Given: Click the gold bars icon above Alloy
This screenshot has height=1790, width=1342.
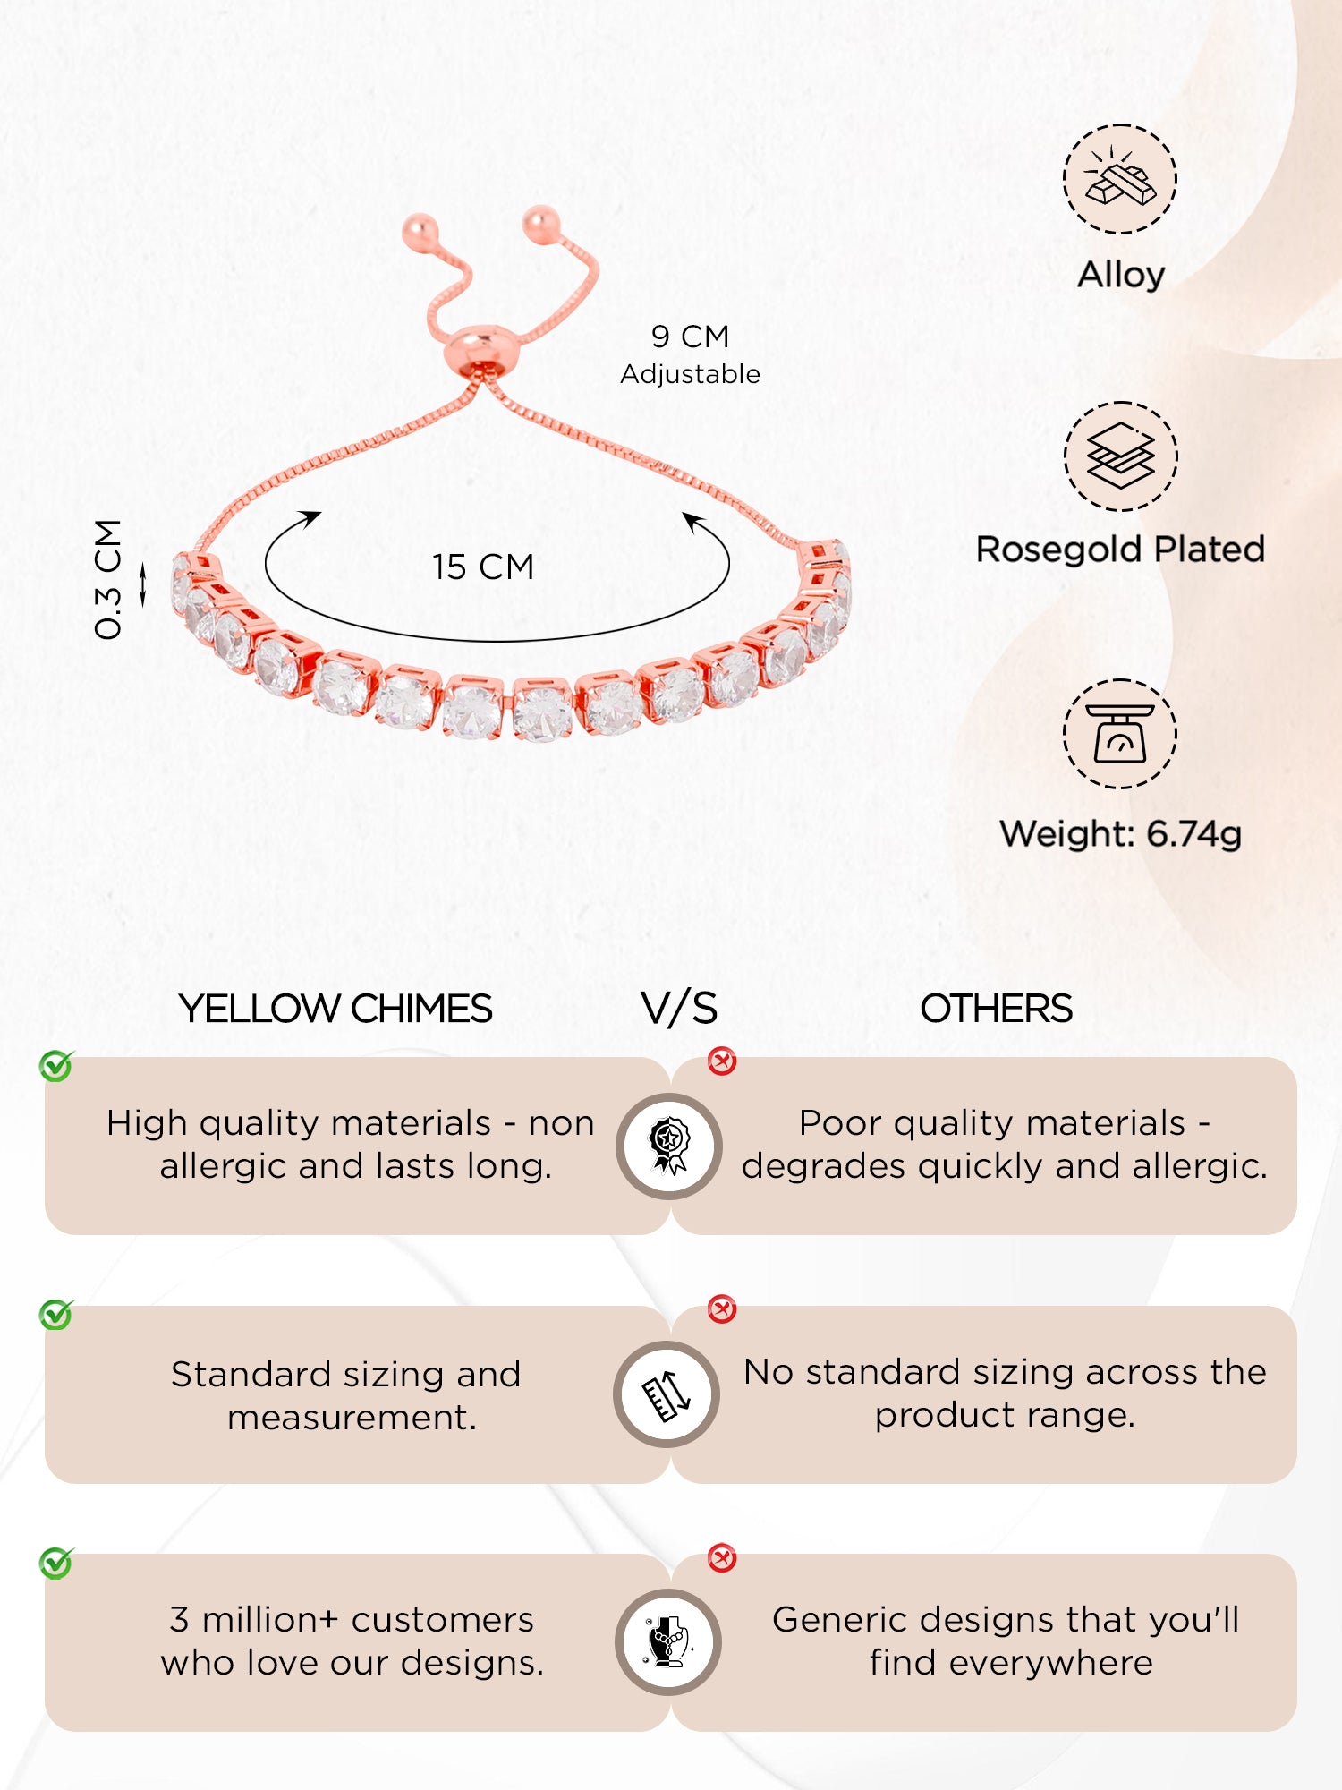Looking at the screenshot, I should tap(1120, 179).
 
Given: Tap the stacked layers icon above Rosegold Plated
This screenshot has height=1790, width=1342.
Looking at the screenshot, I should tap(1120, 456).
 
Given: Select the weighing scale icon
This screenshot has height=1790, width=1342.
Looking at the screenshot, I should tap(1120, 734).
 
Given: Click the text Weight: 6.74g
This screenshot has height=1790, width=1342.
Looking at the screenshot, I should tap(1120, 834).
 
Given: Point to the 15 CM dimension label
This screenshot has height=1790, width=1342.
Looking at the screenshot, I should tap(483, 567).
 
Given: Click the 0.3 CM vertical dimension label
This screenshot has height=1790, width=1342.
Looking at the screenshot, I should tap(108, 580).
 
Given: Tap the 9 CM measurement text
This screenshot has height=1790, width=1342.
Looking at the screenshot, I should tap(690, 337).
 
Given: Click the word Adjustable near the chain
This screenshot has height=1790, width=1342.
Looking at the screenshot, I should tap(690, 374).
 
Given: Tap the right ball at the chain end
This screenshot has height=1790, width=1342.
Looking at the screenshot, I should tap(541, 222).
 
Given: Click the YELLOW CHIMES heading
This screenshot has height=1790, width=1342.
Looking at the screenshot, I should tap(335, 1009).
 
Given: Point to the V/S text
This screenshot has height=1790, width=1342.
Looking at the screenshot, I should tap(679, 1009).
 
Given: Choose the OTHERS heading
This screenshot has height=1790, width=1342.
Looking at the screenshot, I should tap(996, 1009).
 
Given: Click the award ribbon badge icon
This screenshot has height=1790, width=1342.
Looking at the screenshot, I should tap(668, 1146).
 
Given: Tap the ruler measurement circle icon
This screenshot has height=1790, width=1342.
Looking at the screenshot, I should tap(667, 1394).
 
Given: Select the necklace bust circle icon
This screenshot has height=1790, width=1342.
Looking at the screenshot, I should tap(668, 1642).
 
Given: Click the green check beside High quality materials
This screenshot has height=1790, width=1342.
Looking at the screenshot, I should tap(56, 1066).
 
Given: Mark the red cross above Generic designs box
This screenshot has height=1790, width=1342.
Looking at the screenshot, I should tap(722, 1558).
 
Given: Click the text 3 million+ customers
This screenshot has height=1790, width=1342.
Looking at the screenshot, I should tap(352, 1620).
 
